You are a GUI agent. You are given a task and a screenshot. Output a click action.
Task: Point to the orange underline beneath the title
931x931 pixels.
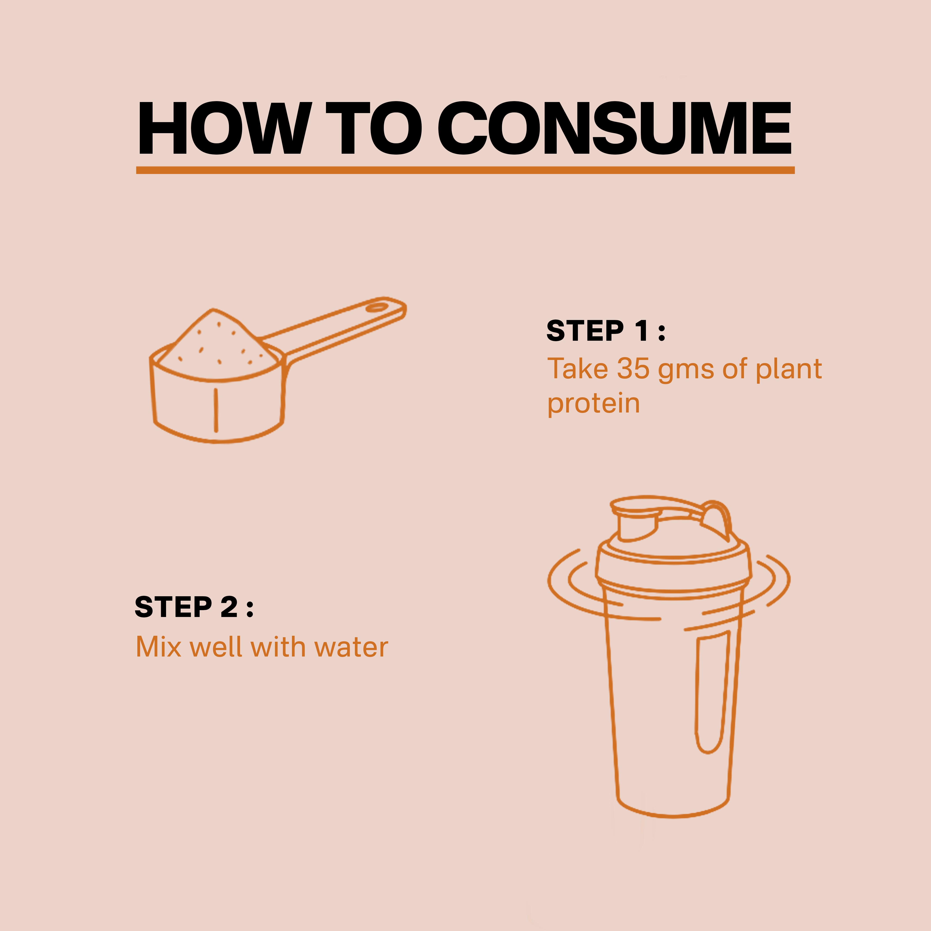pos(465,170)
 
